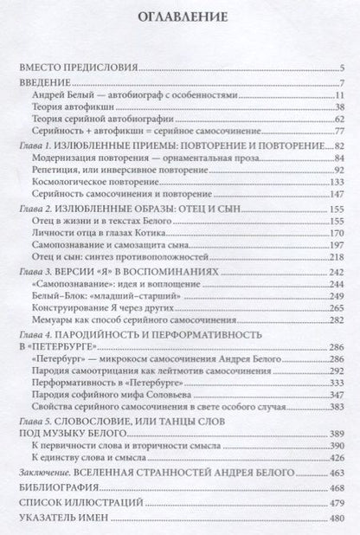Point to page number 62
pos(340,119)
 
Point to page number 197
pos(337,248)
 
